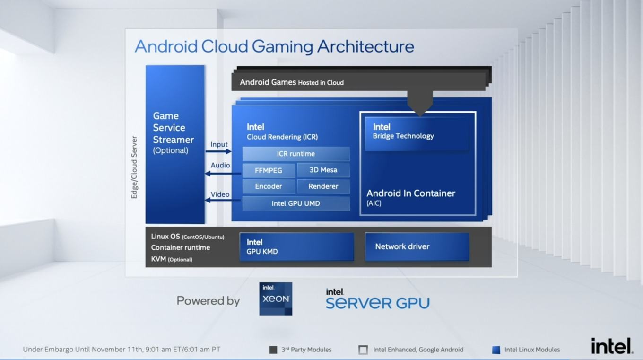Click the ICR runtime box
point(296,154)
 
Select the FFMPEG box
point(269,170)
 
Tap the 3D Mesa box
point(323,170)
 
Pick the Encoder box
point(269,186)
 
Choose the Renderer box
point(323,186)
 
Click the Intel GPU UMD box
point(296,203)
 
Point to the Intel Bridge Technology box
point(417,133)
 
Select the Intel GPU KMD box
point(297,247)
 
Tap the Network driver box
point(417,247)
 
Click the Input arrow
point(218,151)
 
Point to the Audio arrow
point(223,174)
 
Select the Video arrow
point(223,200)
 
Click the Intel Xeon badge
point(276,299)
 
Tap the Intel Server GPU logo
point(378,299)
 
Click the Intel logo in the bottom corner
point(612,346)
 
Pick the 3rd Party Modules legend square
point(273,350)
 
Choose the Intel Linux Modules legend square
point(496,350)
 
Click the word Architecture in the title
point(365,46)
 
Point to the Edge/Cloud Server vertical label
point(134,167)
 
